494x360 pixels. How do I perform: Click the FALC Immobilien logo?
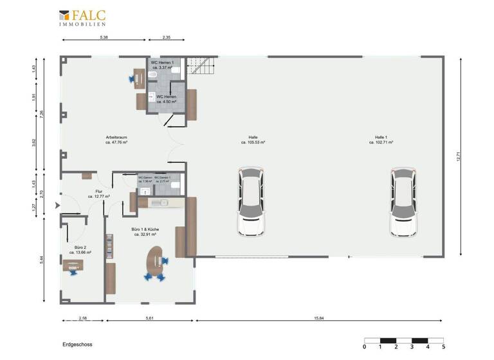point(82,17)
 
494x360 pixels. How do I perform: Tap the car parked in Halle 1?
point(403,203)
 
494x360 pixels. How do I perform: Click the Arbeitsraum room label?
point(116,141)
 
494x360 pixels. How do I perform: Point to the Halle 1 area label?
point(384,140)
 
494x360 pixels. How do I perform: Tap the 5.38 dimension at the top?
point(104,38)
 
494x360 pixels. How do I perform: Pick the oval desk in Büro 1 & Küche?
point(156,264)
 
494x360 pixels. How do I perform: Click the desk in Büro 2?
point(73,267)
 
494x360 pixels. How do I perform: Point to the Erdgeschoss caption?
point(77,345)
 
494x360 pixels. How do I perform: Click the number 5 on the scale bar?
point(443,347)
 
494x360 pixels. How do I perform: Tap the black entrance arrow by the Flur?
point(57,206)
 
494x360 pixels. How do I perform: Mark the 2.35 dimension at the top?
point(166,38)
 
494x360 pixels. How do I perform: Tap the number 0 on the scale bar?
point(364,347)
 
